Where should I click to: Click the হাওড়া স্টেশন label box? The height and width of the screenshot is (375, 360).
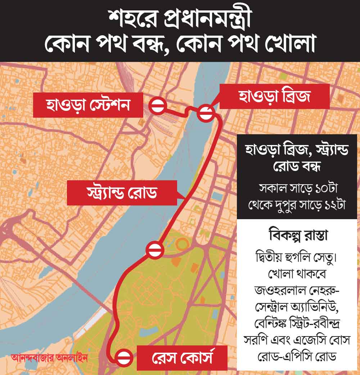pos(88,105)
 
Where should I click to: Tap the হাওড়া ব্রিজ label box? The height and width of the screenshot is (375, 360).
pos(274,96)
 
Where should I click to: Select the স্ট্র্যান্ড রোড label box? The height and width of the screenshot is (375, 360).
pos(122,193)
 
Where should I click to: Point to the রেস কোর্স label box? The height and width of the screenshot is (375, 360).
pos(182,358)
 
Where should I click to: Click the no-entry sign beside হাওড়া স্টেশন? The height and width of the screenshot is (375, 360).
pos(157,106)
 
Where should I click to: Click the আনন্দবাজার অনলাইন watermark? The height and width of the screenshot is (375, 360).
pos(49,358)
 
